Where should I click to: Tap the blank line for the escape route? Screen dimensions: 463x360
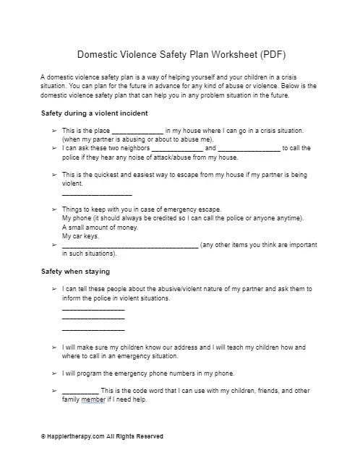pyautogui.click(x=97, y=195)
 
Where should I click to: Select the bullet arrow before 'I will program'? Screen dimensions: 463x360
pyautogui.click(x=55, y=373)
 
